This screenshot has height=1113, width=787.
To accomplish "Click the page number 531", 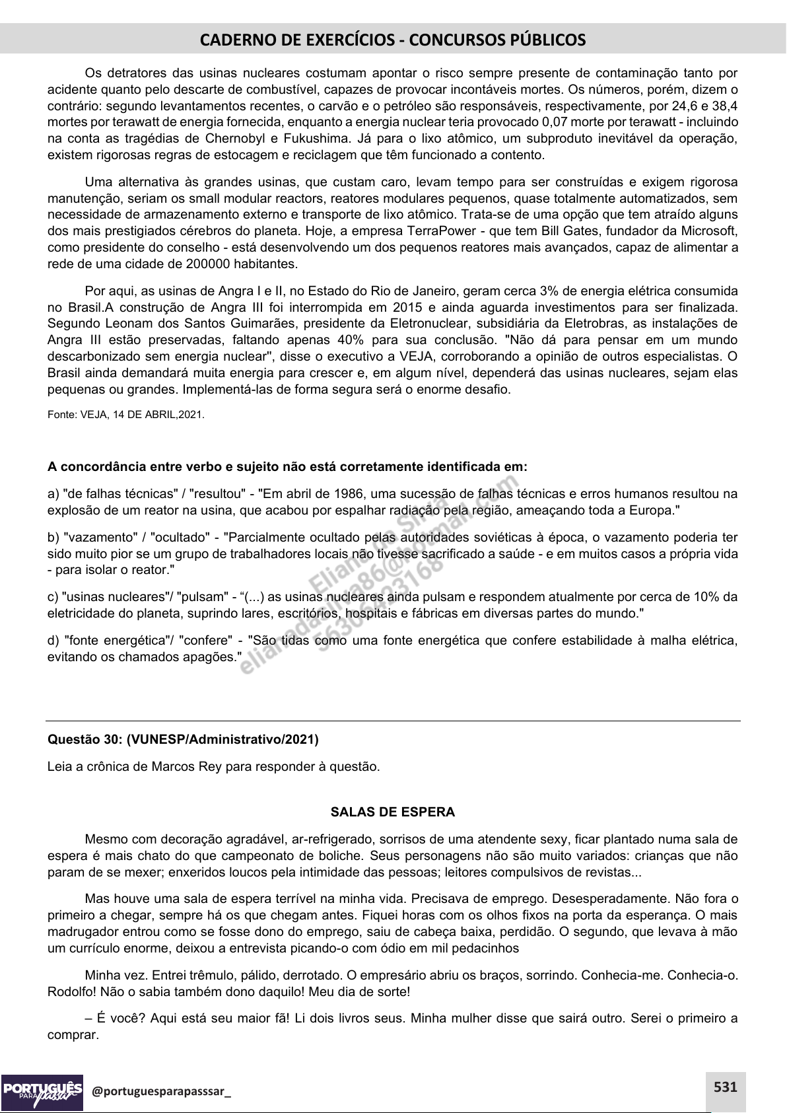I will coord(725,1086).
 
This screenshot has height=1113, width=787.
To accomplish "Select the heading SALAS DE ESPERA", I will coord(393,812).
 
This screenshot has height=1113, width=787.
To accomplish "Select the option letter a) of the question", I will coord(53,493).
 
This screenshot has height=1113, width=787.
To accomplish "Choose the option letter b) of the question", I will coord(53,537).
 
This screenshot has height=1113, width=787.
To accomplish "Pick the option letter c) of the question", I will coord(53,597).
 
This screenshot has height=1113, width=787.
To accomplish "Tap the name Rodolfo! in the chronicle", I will coord(71,991).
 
